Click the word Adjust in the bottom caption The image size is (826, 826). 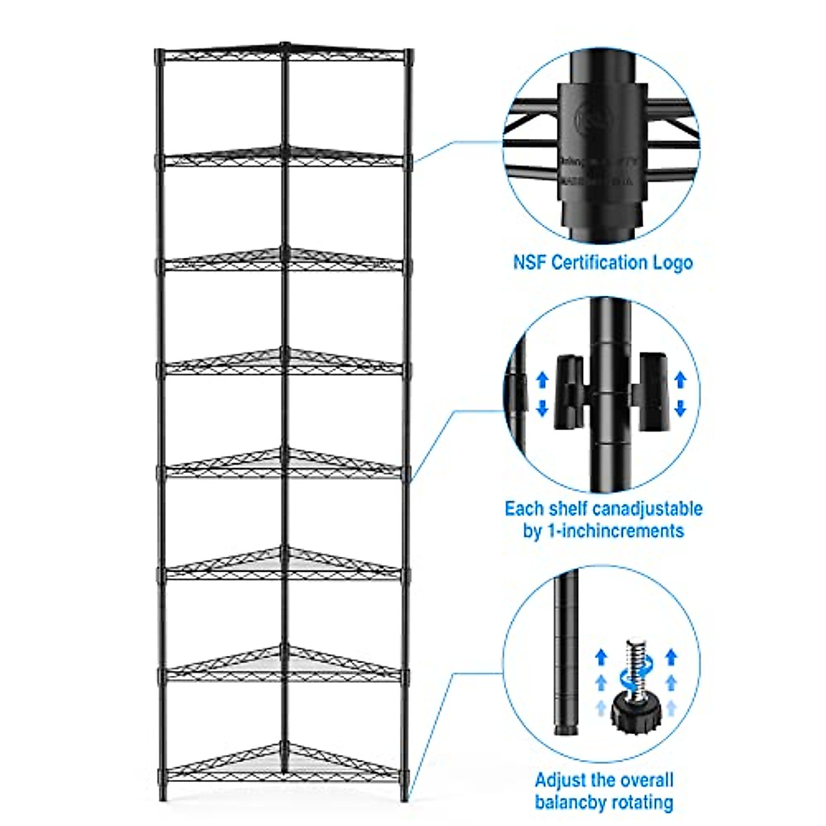560,780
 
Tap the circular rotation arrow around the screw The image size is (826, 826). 635,678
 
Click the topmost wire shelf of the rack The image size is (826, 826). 284,55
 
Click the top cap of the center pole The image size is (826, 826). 284,45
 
